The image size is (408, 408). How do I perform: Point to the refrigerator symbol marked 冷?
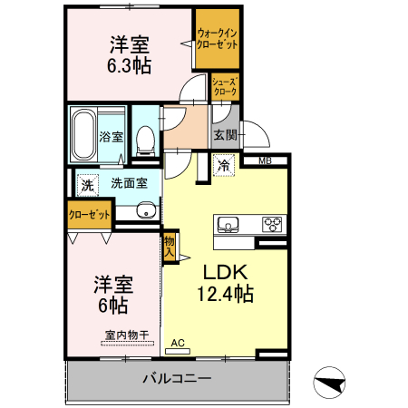(223, 165)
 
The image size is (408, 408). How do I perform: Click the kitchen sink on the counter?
(227, 224)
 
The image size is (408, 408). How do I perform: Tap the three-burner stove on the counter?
(272, 224)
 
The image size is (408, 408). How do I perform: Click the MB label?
(265, 161)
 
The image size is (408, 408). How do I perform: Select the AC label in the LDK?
(179, 343)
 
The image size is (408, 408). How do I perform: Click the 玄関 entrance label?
(225, 135)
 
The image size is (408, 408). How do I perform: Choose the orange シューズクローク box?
(225, 86)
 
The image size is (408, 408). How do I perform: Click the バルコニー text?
(177, 378)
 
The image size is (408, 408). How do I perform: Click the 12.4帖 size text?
(225, 293)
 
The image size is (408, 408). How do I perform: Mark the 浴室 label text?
(111, 138)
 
